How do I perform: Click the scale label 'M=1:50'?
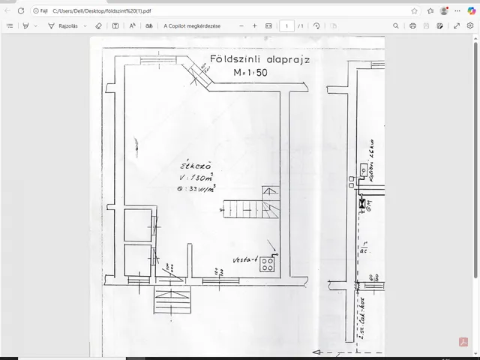255,73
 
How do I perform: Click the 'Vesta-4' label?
245,260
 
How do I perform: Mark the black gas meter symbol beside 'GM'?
361,203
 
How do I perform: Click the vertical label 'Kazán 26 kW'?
370,159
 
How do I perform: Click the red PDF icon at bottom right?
463,343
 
